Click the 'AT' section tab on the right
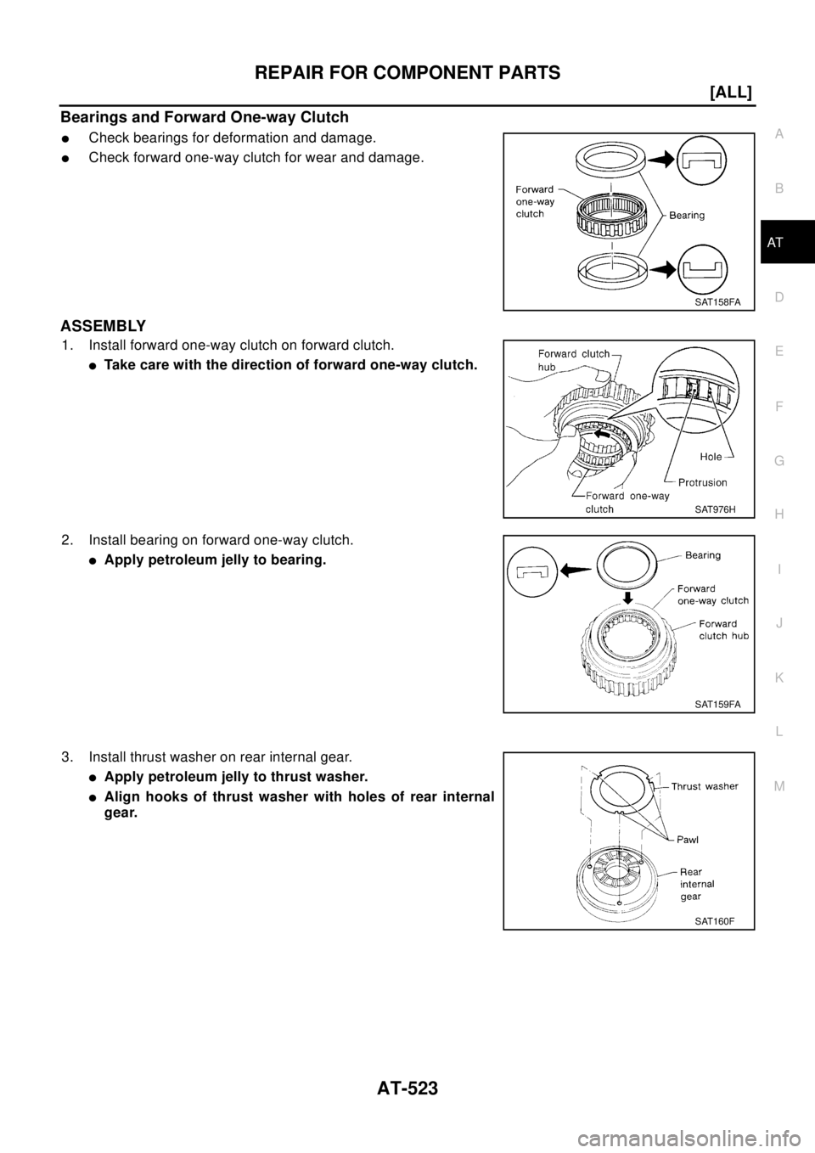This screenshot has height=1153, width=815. [x=779, y=243]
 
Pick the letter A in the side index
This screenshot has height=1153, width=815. [x=779, y=133]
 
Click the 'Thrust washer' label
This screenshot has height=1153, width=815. [x=705, y=786]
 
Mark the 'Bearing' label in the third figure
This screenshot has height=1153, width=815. [x=698, y=554]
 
